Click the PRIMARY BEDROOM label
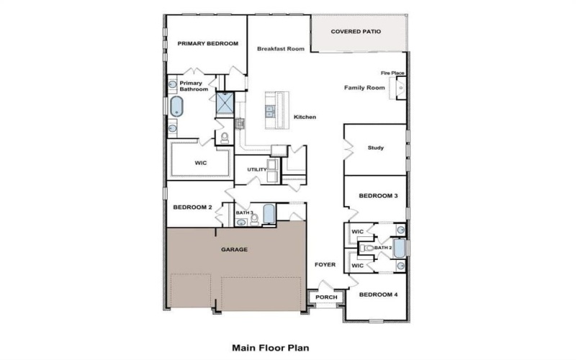(207, 44)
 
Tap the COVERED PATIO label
(356, 32)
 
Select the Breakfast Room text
(280, 49)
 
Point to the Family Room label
(364, 88)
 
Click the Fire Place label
(392, 73)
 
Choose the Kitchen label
(305, 117)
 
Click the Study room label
(375, 148)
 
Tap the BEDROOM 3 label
(378, 196)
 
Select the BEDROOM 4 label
(378, 294)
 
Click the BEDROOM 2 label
(192, 207)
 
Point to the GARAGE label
(233, 249)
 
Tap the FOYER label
(325, 265)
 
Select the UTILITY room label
(256, 170)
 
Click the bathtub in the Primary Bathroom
(176, 107)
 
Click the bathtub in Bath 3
(269, 214)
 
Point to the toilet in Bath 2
(369, 248)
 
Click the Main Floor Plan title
(270, 347)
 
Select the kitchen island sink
(270, 111)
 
